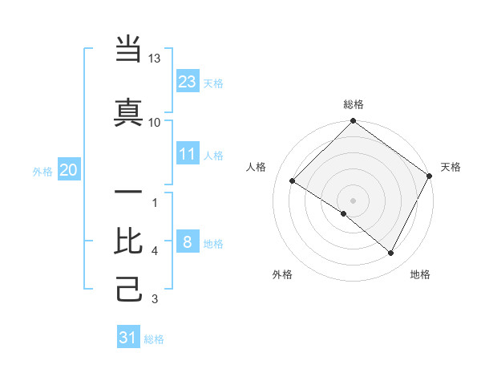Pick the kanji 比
pyautogui.click(x=129, y=241)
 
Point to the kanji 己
pyautogui.click(x=129, y=289)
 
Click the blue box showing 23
pyautogui.click(x=188, y=81)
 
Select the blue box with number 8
pyautogui.click(x=188, y=241)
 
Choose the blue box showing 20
pyautogui.click(x=69, y=169)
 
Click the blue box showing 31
pyautogui.click(x=128, y=338)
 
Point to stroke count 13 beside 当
pyautogui.click(x=154, y=59)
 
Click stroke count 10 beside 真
pyautogui.click(x=154, y=122)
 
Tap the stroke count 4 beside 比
pyautogui.click(x=154, y=251)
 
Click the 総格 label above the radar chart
pyautogui.click(x=353, y=104)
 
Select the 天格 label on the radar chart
pyautogui.click(x=451, y=167)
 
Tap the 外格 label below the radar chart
pyautogui.click(x=282, y=274)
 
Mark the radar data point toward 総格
pyautogui.click(x=353, y=122)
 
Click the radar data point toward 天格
pyautogui.click(x=430, y=176)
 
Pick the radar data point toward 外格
pyautogui.click(x=344, y=213)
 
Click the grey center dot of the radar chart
pyautogui.click(x=353, y=200)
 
